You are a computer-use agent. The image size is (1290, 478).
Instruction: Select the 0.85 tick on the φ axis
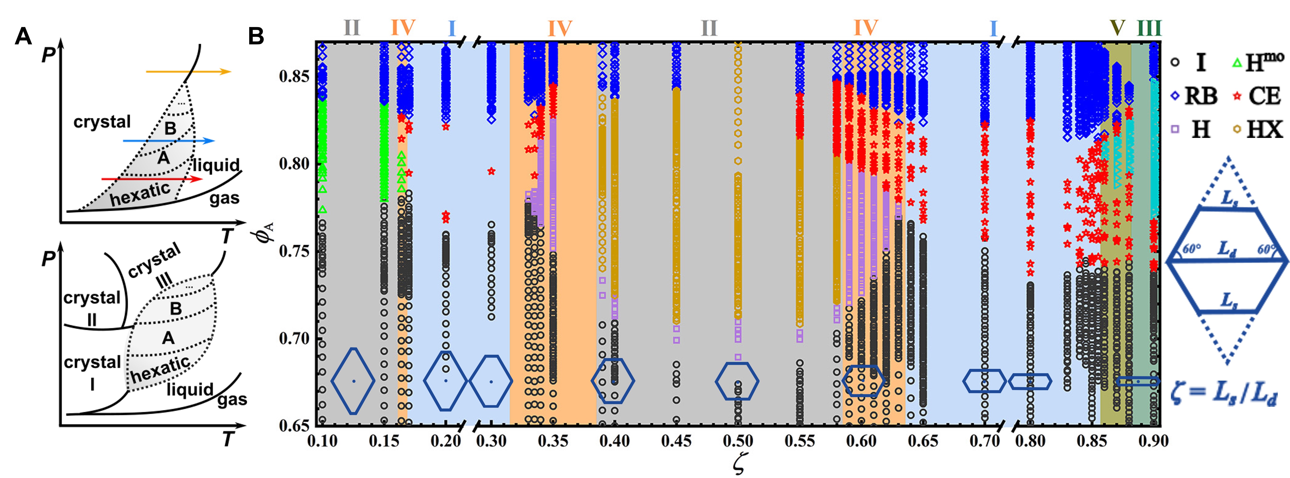point(294,77)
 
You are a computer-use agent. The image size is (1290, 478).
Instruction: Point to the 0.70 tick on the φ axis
point(294,338)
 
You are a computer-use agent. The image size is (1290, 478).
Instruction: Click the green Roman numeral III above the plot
point(1149,28)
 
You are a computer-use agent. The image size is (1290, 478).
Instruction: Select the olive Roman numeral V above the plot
point(1117,28)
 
